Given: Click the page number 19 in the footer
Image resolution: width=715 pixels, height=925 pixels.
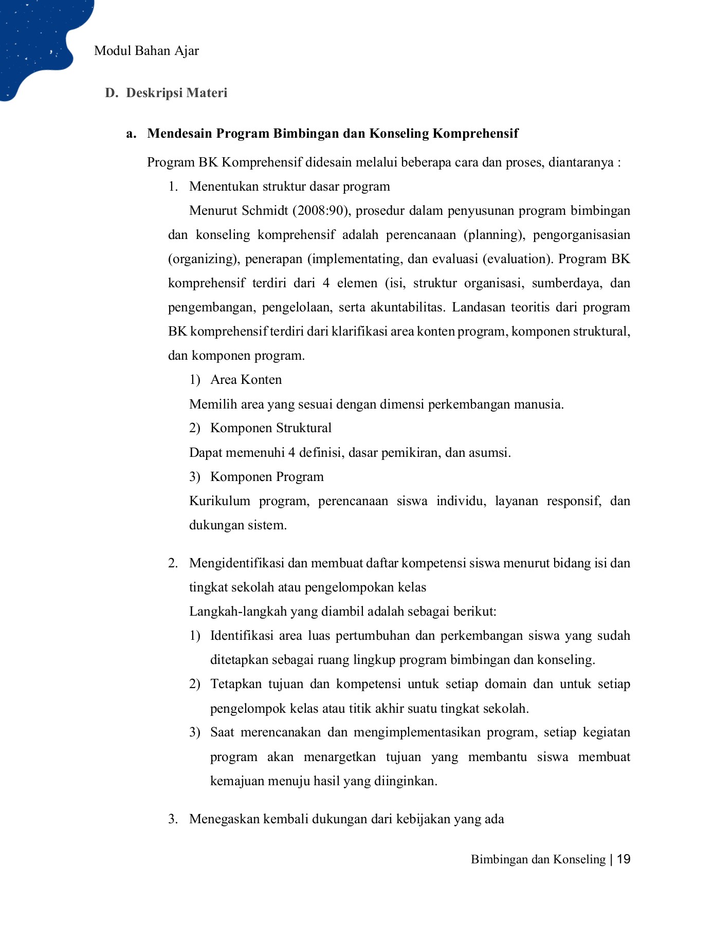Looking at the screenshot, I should [x=624, y=859].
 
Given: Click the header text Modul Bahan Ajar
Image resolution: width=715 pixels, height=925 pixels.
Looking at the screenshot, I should [x=146, y=51].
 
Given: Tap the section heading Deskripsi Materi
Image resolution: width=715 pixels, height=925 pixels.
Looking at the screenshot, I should [x=176, y=93].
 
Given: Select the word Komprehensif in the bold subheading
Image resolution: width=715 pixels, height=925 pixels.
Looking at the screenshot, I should [x=475, y=134].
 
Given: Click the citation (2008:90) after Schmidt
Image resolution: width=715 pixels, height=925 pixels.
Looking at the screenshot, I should [x=322, y=211].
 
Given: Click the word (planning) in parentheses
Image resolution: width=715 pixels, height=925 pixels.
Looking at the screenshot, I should [x=494, y=235].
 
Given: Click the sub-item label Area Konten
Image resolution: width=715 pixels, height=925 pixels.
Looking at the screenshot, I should [x=246, y=380].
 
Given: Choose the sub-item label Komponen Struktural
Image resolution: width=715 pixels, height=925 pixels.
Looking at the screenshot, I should [x=271, y=428].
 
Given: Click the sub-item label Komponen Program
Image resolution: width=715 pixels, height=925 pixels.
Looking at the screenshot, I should [x=267, y=477].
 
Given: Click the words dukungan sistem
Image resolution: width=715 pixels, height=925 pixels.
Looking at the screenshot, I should [x=237, y=525].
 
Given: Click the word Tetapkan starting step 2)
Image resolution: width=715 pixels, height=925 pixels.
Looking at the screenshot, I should [x=236, y=684].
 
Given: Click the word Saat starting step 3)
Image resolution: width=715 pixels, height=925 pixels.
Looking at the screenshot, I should [x=222, y=732].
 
